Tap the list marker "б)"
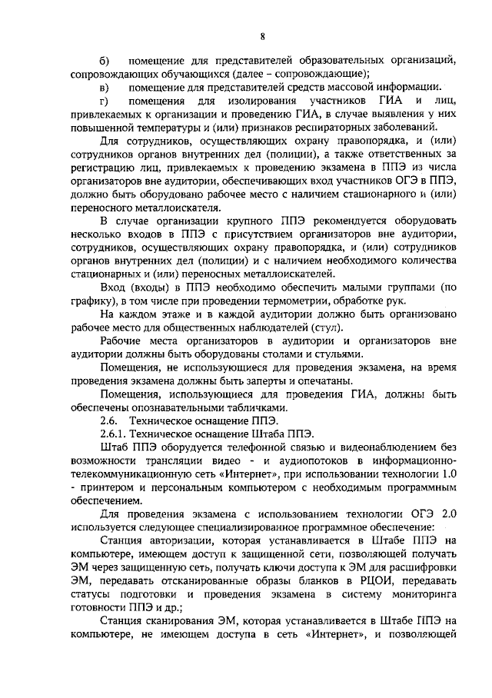point(105,61)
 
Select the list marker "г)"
point(105,101)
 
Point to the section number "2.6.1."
point(115,434)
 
